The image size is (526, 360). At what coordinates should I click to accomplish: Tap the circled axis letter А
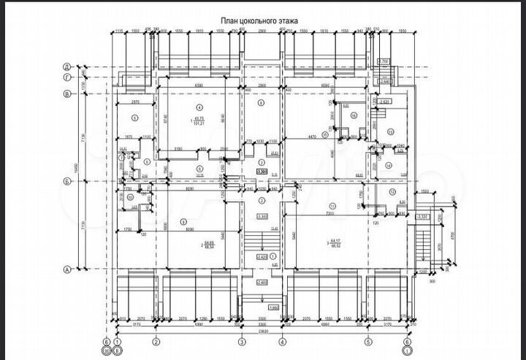tap(67, 269)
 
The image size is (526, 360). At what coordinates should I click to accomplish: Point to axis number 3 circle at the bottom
tap(240, 341)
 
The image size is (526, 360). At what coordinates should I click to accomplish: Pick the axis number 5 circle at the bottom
tap(368, 341)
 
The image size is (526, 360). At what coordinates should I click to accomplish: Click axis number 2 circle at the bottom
tap(156, 341)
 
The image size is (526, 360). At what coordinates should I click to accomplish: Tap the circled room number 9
tap(183, 222)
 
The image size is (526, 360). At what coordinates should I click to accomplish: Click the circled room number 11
tap(332, 204)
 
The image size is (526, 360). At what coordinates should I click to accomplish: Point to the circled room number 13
tap(392, 132)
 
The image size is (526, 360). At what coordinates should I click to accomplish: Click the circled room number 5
tap(134, 117)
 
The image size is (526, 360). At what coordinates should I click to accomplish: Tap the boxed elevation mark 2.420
tap(262, 257)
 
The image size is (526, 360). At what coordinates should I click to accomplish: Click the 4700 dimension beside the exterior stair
tap(453, 236)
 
